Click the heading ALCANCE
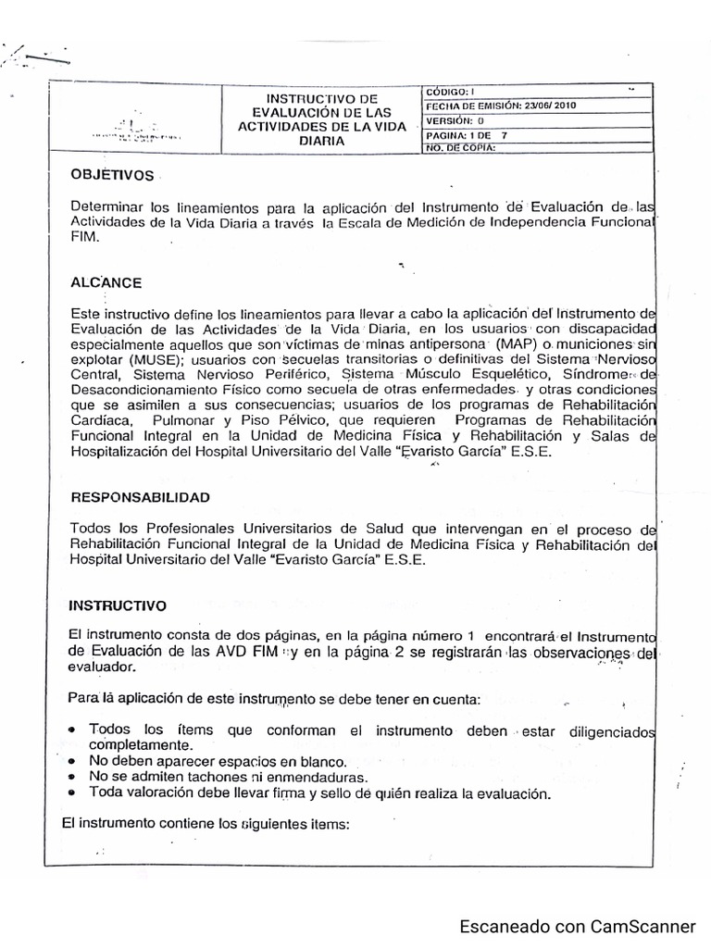coord(106,282)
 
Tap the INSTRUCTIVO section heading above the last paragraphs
coord(118,605)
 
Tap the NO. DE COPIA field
coord(460,146)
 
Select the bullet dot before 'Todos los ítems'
coord(72,730)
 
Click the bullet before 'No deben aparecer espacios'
coord(72,761)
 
